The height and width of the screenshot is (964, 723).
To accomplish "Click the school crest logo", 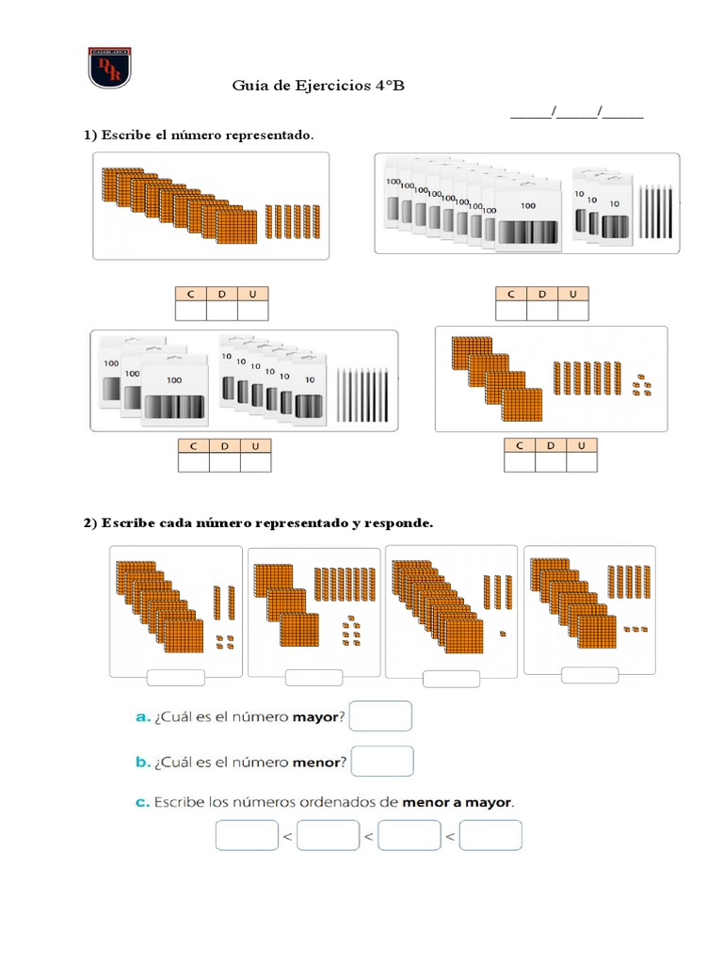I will [x=110, y=67].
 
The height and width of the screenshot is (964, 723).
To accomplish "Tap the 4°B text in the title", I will [x=389, y=87].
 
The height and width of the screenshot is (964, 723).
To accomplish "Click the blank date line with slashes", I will [x=576, y=115].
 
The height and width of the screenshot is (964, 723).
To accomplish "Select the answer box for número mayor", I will [x=381, y=715].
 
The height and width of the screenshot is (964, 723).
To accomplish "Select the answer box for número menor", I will [x=382, y=761].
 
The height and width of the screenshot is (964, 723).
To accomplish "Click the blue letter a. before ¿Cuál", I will [x=143, y=717].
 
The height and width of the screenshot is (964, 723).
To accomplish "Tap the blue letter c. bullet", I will [x=143, y=803].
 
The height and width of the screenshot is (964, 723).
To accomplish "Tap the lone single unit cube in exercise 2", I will [x=503, y=633].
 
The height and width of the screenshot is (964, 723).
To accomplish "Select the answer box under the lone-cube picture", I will [x=451, y=679].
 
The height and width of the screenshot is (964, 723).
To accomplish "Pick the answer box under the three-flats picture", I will [x=313, y=677].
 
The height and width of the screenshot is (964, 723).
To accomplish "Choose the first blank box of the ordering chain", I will [x=247, y=835].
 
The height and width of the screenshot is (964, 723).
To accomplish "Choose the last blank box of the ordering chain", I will [x=490, y=835].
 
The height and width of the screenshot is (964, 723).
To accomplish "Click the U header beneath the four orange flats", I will [x=581, y=445].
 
